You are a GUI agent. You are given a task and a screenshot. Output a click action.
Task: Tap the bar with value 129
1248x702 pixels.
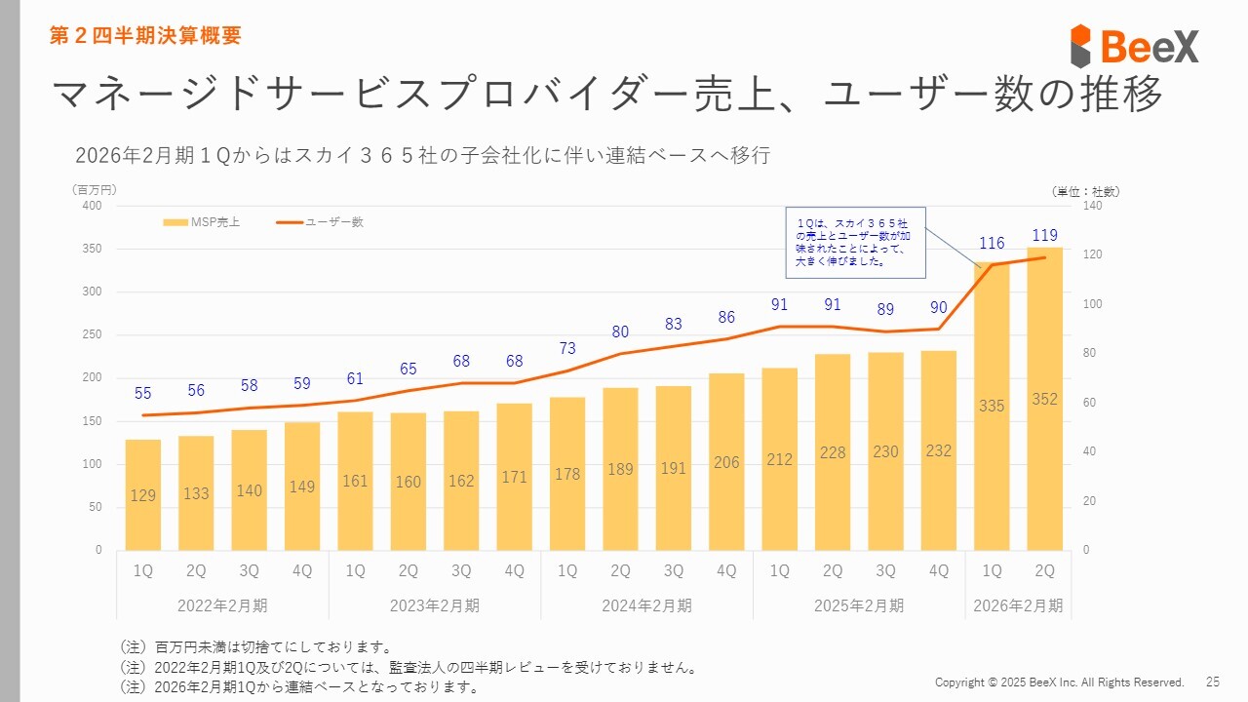point(143,494)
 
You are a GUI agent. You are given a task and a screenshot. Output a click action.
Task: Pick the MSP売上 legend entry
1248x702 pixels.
point(202,222)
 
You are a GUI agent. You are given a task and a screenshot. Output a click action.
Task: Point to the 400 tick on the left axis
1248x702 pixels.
point(92,206)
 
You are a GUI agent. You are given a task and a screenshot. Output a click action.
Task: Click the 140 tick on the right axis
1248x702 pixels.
point(1093,206)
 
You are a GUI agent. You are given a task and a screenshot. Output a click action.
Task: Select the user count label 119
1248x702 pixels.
point(1044,235)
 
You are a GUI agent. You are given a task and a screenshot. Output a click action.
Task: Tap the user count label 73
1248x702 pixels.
point(567,348)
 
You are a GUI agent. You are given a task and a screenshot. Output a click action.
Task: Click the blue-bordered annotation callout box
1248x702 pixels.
point(855,241)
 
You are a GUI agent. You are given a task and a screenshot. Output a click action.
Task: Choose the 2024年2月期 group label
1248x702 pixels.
point(646,605)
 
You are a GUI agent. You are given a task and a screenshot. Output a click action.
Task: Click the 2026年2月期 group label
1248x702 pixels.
point(1018,605)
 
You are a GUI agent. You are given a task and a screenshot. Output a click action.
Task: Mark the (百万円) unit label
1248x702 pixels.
point(94,189)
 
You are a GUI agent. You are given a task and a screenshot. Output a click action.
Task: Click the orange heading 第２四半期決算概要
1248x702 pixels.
point(145,36)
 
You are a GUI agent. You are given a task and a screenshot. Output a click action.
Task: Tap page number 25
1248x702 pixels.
point(1213,682)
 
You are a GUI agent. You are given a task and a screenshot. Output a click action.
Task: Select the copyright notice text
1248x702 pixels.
point(1059,682)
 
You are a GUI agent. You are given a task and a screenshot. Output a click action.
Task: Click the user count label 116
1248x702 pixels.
point(992,242)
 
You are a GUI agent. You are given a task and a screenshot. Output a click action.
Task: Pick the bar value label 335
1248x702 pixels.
point(992,406)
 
